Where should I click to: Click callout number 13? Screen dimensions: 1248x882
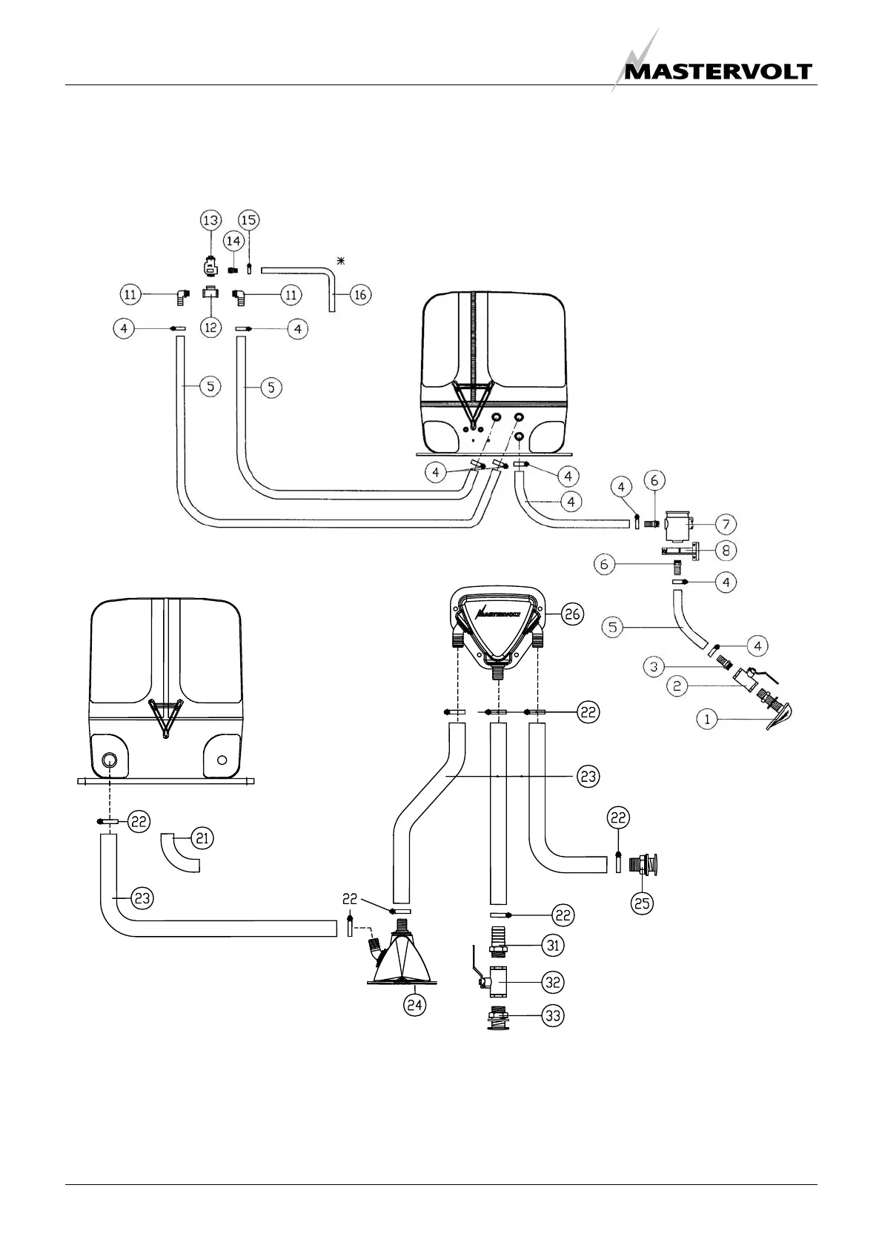coord(211,220)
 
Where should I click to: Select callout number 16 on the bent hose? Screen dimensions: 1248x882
coord(360,294)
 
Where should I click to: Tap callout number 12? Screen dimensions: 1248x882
coord(211,327)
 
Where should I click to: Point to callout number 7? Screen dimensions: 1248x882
coord(726,525)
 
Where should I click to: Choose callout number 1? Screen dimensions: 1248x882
coord(708,718)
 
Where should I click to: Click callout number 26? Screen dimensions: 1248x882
coord(573,614)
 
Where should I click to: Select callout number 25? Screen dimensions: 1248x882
coord(642,903)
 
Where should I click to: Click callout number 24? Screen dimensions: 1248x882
coord(415,1005)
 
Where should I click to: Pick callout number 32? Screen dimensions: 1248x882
coord(553,982)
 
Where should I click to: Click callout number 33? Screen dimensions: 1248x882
coord(553,1015)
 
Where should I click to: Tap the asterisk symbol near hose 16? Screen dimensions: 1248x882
coord(341,260)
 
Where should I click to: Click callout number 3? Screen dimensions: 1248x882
coord(654,667)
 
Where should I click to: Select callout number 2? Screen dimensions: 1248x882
coord(677,686)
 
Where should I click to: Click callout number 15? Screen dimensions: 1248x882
coord(249,220)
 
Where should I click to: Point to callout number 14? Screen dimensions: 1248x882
coord(233,241)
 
